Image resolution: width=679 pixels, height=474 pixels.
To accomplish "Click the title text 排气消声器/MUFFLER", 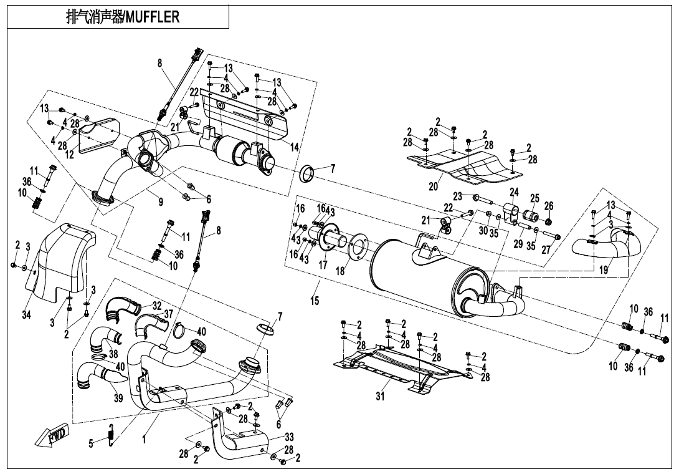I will click(122, 17).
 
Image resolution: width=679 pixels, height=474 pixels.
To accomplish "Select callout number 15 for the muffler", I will click(315, 301).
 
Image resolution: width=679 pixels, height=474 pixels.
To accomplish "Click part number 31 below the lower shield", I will click(380, 395).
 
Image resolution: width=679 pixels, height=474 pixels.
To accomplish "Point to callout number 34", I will click(26, 315).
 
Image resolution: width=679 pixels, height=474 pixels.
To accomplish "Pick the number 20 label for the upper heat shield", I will click(434, 186).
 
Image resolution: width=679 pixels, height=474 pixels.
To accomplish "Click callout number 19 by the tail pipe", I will click(604, 270).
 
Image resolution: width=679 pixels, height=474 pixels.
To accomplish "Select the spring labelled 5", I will click(111, 435).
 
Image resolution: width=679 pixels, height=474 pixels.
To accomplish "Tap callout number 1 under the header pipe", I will click(144, 439).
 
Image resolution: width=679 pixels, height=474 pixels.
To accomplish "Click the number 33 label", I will click(289, 437).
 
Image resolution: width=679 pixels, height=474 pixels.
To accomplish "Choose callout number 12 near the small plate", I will click(70, 155).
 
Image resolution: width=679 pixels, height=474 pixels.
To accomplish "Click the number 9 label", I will click(161, 201).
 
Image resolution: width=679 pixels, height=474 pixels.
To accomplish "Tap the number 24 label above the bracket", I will click(514, 192).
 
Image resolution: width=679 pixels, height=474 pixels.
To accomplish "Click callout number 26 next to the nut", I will click(548, 206).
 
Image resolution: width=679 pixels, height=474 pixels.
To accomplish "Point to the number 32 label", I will click(157, 306).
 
